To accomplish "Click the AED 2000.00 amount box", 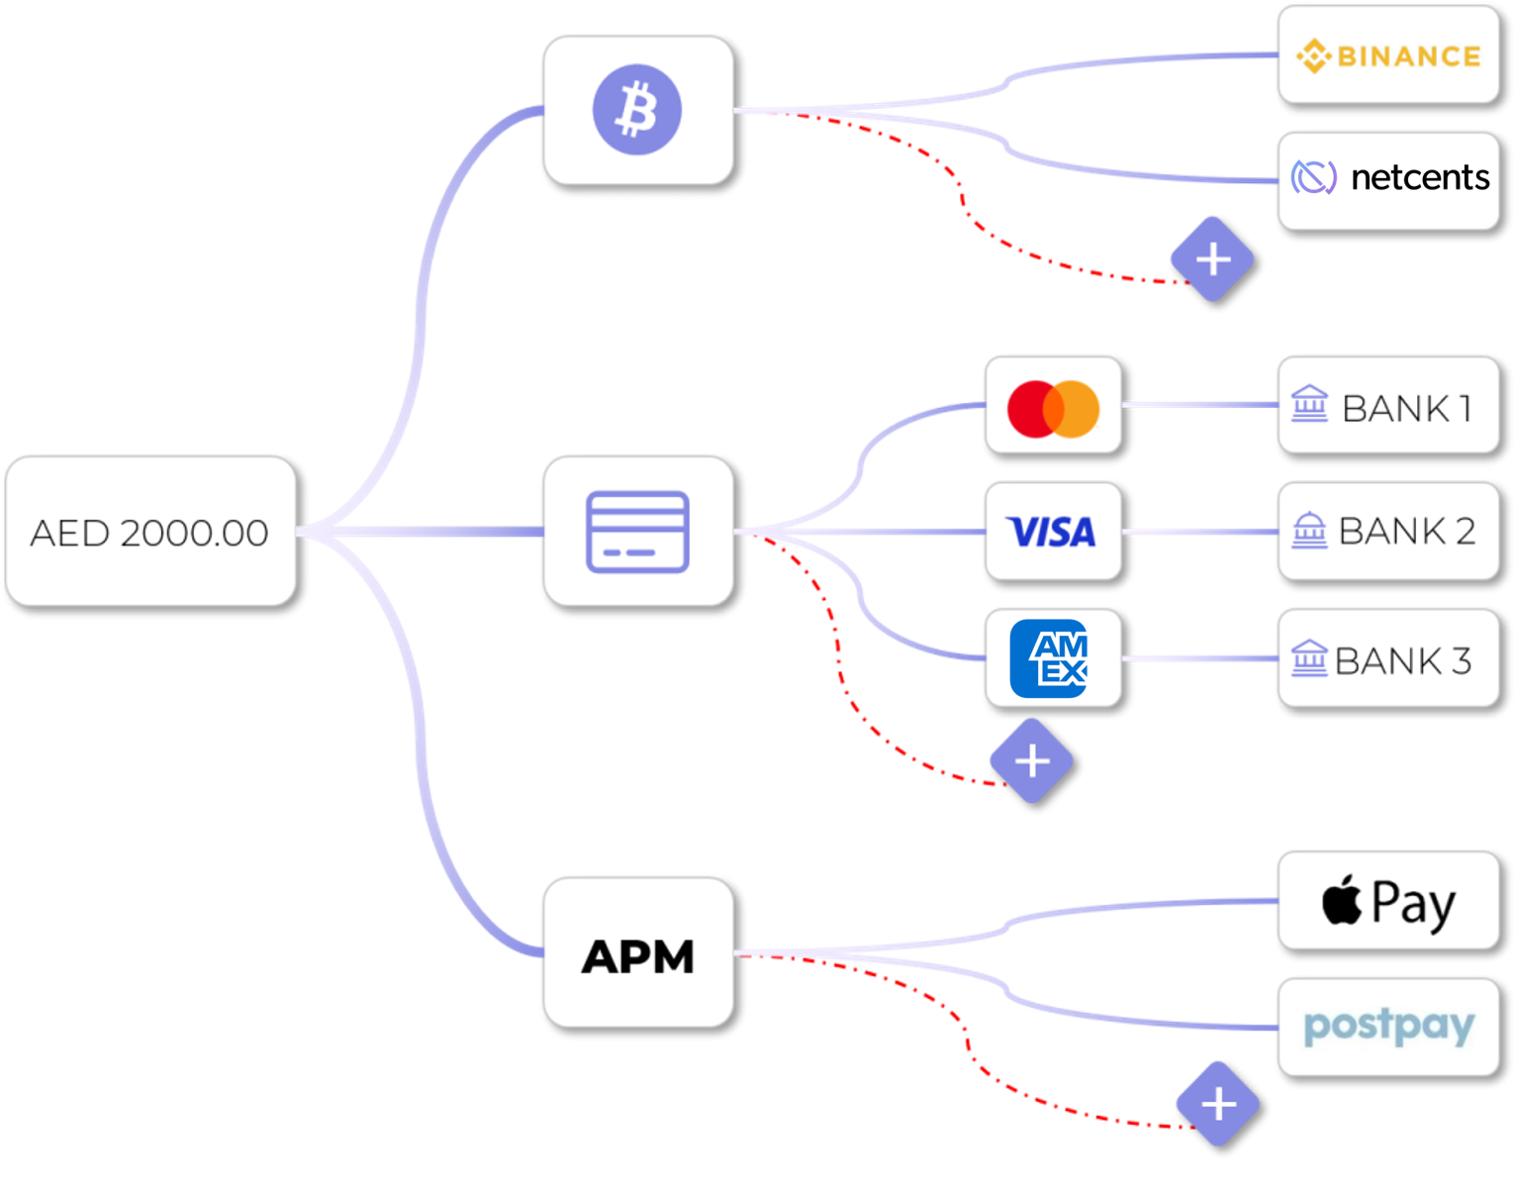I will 150,532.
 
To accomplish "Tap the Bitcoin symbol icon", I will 637,110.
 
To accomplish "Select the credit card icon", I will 637,532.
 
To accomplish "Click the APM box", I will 637,952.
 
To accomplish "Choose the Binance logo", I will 1388,55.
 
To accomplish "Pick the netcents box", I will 1388,179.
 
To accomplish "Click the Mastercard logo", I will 1053,407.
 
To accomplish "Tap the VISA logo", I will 1052,533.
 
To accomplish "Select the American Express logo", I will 1049,658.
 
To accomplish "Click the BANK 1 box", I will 1388,406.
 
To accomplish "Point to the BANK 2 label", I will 1406,532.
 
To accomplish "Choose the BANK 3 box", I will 1388,658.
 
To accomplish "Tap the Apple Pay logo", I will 1388,902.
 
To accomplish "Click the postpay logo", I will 1388,1027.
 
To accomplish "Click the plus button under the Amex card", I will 1032,760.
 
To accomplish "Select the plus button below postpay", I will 1218,1104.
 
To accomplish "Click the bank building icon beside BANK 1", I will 1309,404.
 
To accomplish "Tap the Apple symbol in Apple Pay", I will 1342,901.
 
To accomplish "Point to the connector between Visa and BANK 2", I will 1199,532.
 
